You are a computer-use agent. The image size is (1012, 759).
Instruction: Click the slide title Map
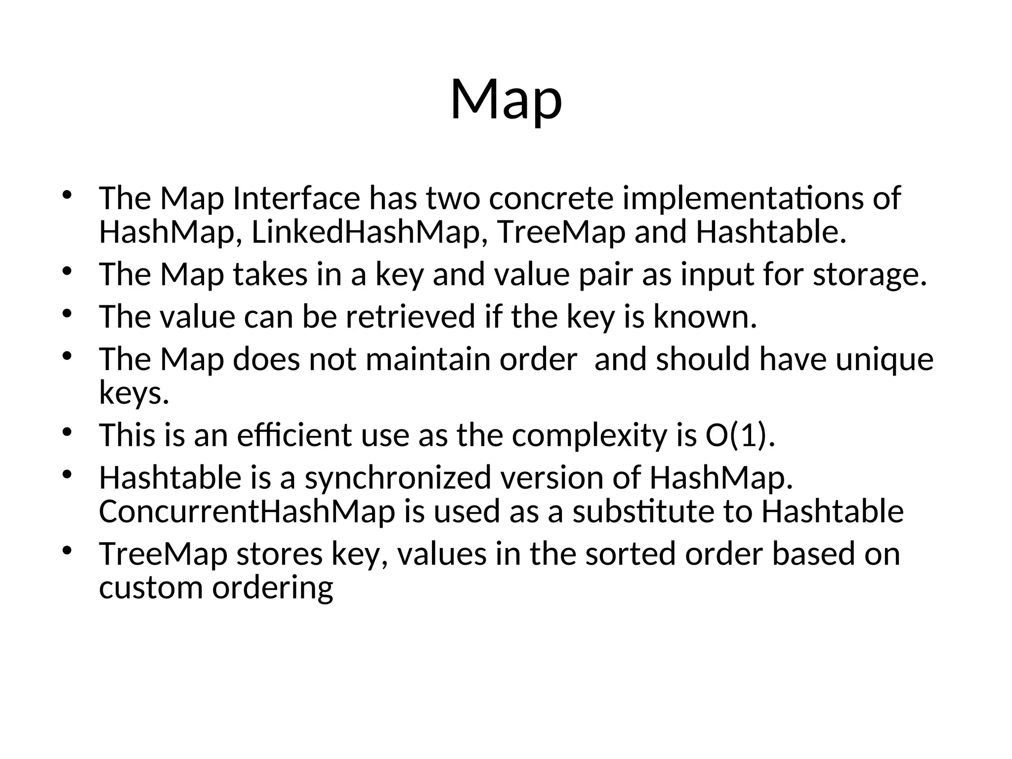coord(506,100)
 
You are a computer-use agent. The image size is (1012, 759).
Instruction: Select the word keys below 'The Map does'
coord(134,394)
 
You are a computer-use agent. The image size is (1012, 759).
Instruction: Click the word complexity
coord(590,435)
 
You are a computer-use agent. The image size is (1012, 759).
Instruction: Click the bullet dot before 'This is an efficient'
coord(68,432)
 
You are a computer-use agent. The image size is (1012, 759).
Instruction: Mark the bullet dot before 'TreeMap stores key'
coord(68,550)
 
